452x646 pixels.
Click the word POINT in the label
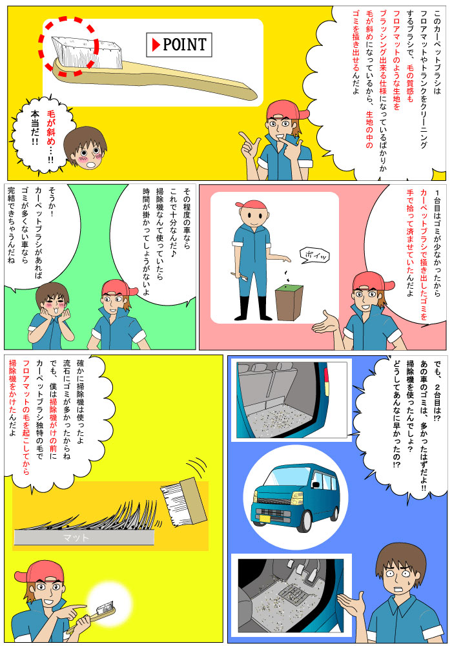pyautogui.click(x=184, y=45)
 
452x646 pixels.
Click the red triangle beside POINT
pyautogui.click(x=156, y=45)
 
